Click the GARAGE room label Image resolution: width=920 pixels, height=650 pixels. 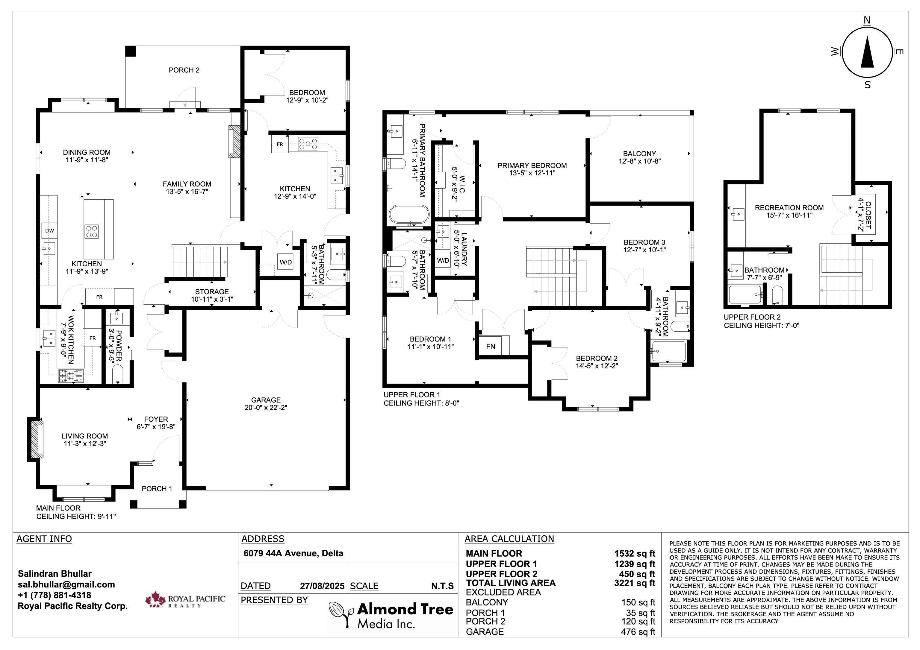(266, 400)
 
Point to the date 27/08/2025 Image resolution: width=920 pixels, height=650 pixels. (322, 586)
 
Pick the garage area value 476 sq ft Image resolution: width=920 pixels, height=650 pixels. (638, 631)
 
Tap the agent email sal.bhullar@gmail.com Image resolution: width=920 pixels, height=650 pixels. (66, 584)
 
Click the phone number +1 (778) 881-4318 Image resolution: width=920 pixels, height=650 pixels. (55, 595)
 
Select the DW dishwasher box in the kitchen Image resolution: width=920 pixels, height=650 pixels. (49, 231)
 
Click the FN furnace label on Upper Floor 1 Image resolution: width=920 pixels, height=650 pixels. (491, 347)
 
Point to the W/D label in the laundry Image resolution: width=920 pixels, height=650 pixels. (443, 260)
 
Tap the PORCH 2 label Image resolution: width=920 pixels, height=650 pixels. (184, 70)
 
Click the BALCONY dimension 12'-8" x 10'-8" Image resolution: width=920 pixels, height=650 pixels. (639, 161)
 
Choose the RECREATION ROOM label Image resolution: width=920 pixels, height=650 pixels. (789, 207)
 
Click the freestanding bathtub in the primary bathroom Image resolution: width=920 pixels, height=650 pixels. (409, 215)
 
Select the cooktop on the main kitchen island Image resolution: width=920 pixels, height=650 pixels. (91, 232)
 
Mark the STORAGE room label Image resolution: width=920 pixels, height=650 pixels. (212, 291)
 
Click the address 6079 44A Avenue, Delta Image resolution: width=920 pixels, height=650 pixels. (293, 553)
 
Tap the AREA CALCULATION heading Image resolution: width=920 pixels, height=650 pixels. (509, 539)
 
